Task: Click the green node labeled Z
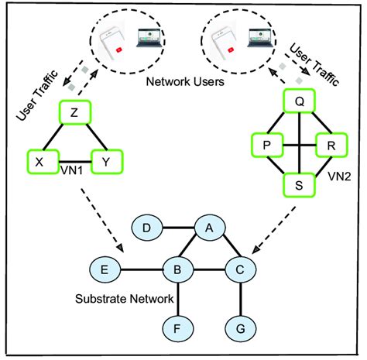(74, 113)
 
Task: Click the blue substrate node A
(207, 228)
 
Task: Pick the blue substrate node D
(147, 228)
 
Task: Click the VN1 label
(71, 172)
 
